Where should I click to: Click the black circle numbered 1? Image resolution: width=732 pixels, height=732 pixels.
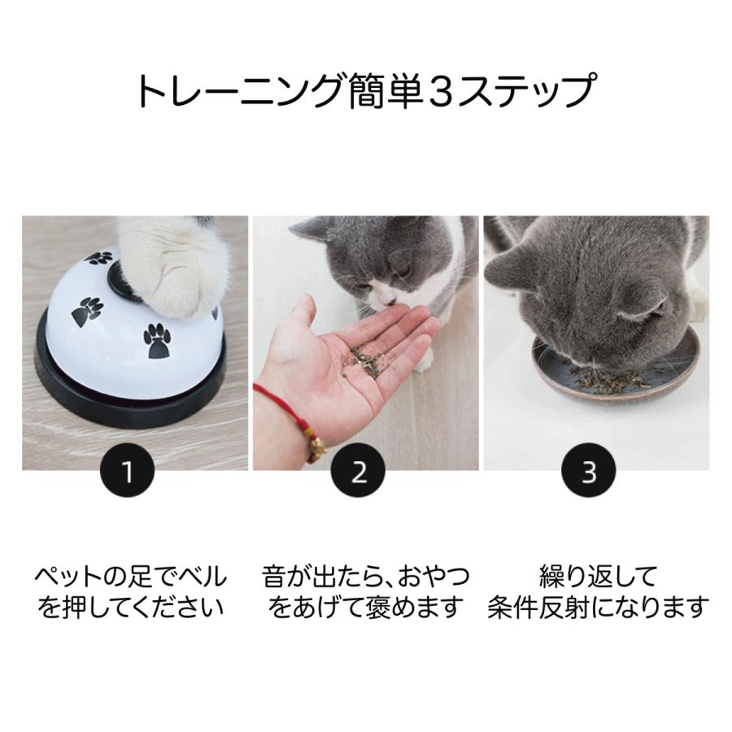128,472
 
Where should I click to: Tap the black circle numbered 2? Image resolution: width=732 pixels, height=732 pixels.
359,472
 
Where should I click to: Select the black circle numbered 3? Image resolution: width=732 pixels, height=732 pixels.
589,472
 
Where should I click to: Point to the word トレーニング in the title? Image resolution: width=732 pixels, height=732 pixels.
236,92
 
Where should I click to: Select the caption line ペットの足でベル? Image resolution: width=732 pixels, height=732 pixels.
130,577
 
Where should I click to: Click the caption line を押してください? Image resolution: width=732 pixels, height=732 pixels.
130,607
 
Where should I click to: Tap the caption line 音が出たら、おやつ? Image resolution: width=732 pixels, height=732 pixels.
365,577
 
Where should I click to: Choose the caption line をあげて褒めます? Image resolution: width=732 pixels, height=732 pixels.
365,607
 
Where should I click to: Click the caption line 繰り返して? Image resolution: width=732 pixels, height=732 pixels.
597,577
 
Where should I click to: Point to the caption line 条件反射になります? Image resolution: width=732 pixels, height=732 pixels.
597,607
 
